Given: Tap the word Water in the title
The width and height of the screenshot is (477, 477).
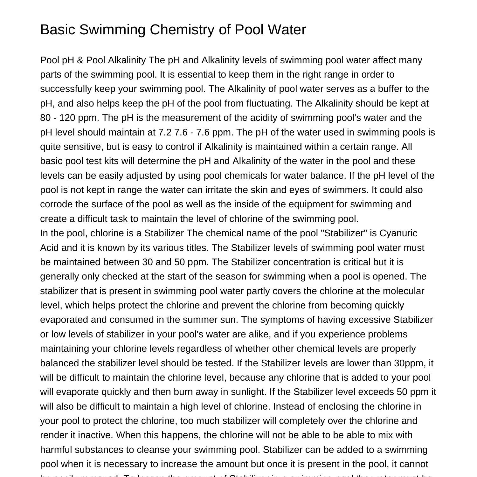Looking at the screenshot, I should pyautogui.click(x=287, y=30).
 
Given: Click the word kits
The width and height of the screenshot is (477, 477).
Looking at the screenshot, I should pyautogui.click(x=111, y=161).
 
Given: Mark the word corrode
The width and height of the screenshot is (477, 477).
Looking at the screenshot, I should pyautogui.click(x=56, y=204).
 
